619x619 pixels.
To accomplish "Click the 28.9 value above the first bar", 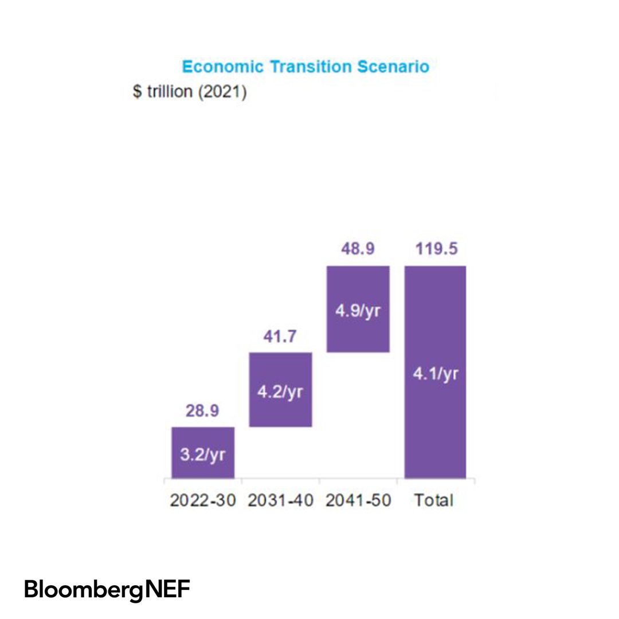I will coord(203,412).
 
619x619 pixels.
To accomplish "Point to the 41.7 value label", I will coord(280,337).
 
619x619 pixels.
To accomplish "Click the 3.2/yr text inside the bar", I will coord(203,456).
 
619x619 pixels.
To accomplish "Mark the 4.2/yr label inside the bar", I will coord(280,393).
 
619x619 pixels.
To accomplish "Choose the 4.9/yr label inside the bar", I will coord(358,313).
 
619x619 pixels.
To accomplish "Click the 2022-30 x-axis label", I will coord(203,500).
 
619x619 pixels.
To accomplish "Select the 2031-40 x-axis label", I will coord(280,500).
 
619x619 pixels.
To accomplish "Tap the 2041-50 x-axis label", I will coord(358,500).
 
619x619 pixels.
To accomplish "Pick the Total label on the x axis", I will coord(434,500).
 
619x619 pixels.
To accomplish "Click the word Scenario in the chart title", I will coord(393,66).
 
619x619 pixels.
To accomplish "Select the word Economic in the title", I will coord(223,66).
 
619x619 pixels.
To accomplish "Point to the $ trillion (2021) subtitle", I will coord(190,92).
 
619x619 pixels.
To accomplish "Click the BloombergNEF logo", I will coord(107,589).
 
